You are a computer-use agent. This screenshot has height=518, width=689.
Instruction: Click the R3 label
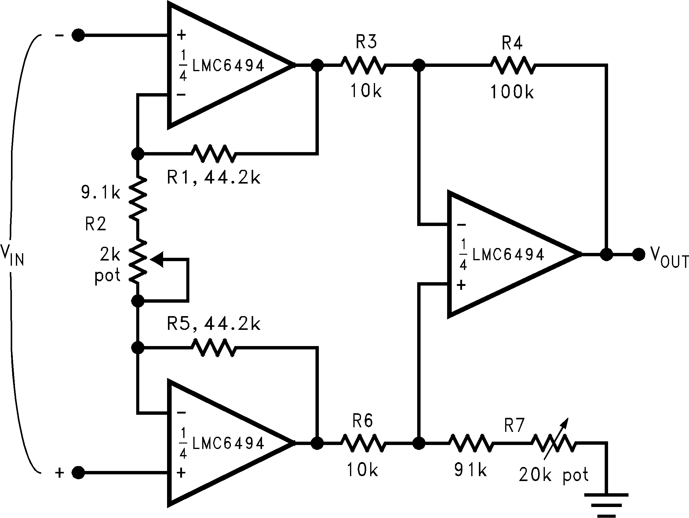pyautogui.click(x=366, y=42)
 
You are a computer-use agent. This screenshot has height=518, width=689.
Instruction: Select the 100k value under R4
pyautogui.click(x=512, y=92)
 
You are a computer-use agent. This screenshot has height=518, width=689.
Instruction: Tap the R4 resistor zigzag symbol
pyautogui.click(x=512, y=65)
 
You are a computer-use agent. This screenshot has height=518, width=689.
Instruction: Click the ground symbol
pyautogui.click(x=606, y=505)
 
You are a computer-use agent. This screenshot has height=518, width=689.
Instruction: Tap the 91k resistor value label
pyautogui.click(x=470, y=470)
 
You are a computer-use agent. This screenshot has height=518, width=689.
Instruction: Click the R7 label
pyautogui.click(x=514, y=425)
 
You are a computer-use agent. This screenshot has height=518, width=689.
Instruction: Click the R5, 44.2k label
pyautogui.click(x=213, y=324)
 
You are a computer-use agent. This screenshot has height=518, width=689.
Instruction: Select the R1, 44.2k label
pyautogui.click(x=213, y=178)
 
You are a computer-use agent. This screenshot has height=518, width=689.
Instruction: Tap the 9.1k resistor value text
pyautogui.click(x=100, y=192)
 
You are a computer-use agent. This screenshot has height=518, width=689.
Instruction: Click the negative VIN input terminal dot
pyautogui.click(x=78, y=35)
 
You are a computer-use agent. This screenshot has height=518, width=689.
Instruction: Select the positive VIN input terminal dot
pyautogui.click(x=78, y=472)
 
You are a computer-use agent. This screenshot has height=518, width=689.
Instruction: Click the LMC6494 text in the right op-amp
pyautogui.click(x=508, y=254)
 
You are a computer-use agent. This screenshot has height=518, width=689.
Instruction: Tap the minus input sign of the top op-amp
pyautogui.click(x=181, y=94)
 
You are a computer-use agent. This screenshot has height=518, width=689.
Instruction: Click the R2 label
pyautogui.click(x=96, y=224)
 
